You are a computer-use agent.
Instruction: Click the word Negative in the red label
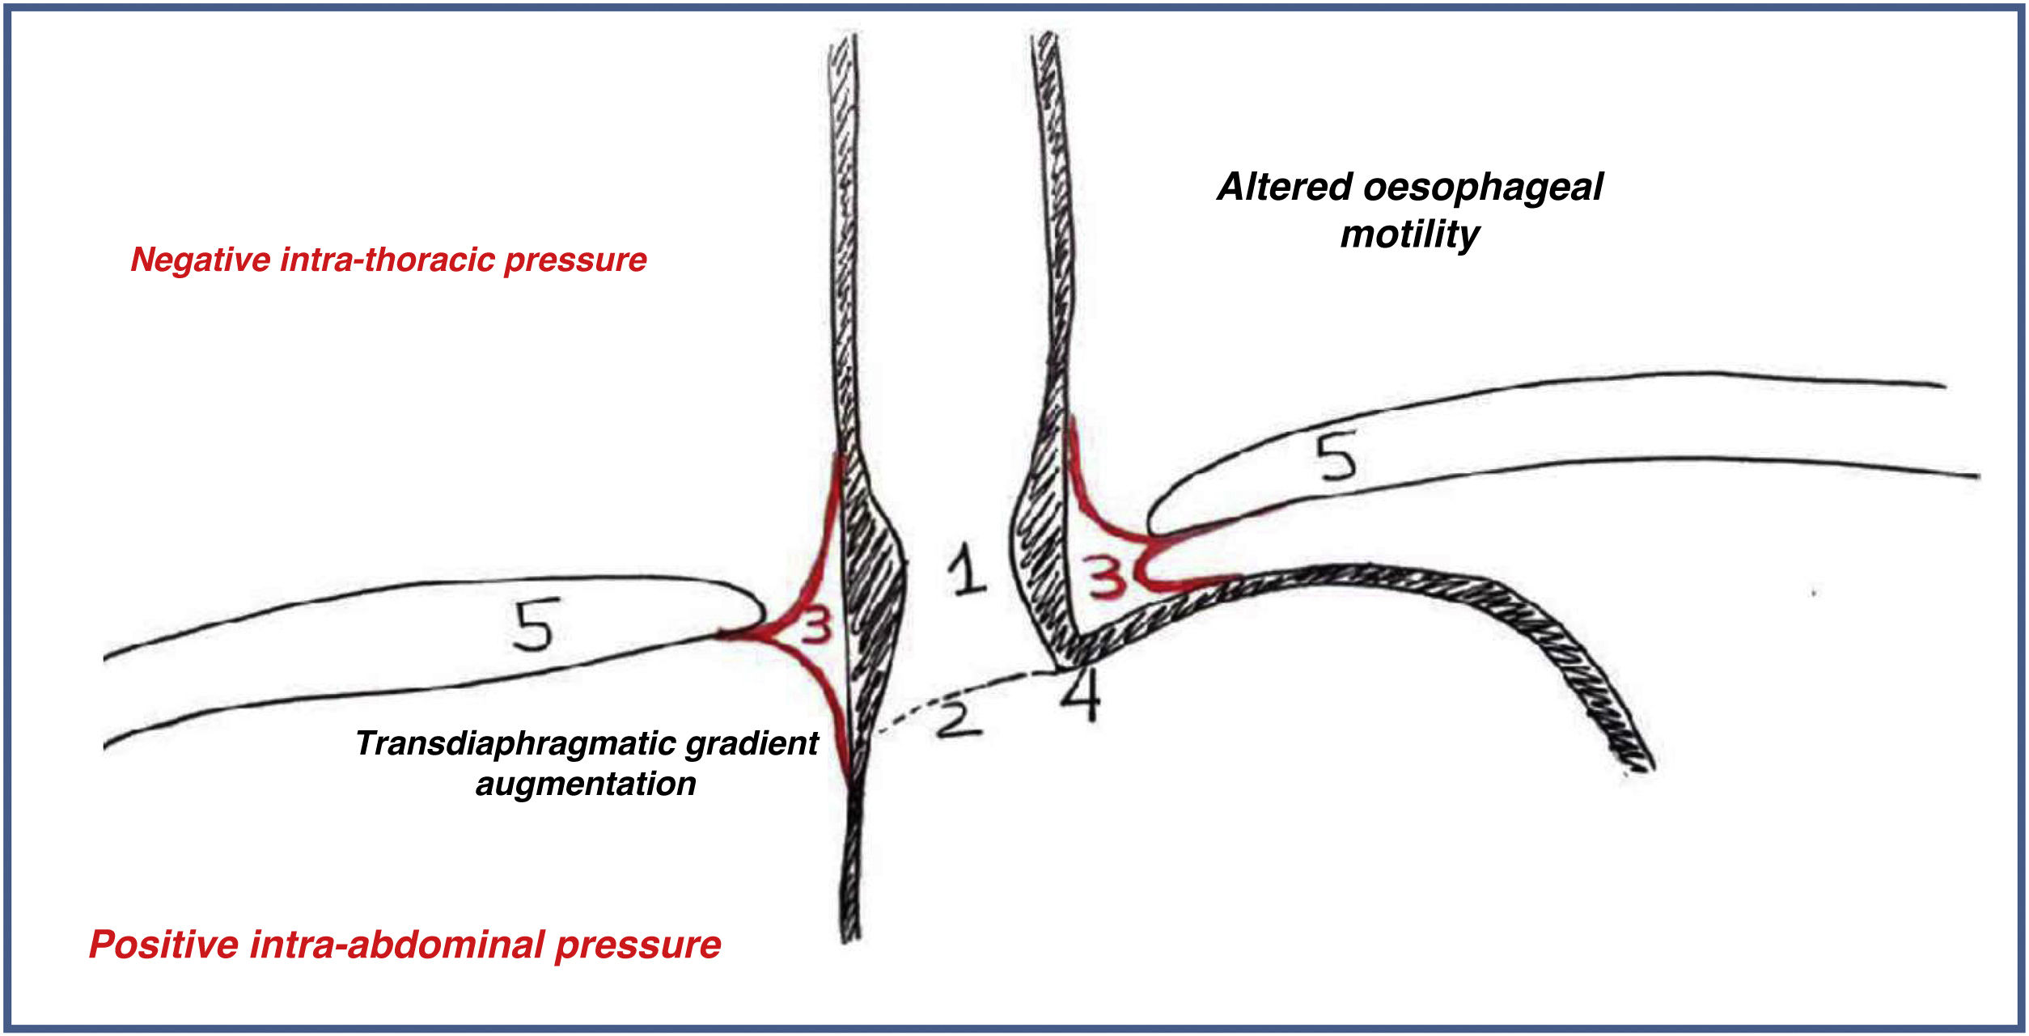tap(200, 260)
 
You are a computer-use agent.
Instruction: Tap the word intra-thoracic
tap(386, 260)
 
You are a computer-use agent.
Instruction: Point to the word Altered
tap(1284, 187)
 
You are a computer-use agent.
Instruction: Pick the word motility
tap(1409, 235)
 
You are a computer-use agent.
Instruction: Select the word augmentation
tap(586, 784)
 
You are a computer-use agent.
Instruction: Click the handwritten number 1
tap(966, 569)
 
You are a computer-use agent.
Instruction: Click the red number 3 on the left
tap(815, 627)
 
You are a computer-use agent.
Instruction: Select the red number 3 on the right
tap(1106, 577)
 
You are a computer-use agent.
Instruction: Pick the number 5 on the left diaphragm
tap(536, 625)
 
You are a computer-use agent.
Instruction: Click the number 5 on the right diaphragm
tap(1336, 457)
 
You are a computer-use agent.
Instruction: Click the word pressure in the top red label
tap(575, 260)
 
